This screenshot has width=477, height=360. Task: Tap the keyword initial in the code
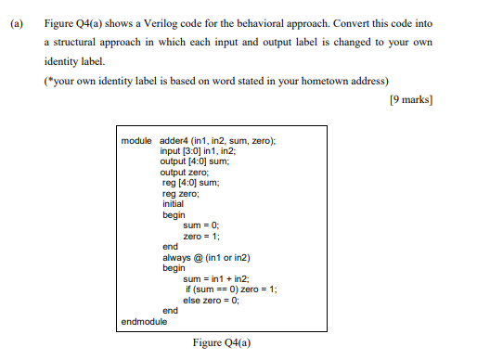pos(173,204)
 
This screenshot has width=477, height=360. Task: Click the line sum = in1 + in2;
pos(215,278)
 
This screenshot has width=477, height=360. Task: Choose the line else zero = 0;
pos(212,300)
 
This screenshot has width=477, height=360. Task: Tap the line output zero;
pos(185,172)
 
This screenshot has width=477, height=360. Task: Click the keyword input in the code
pos(171,150)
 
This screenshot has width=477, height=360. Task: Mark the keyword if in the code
pos(188,289)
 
